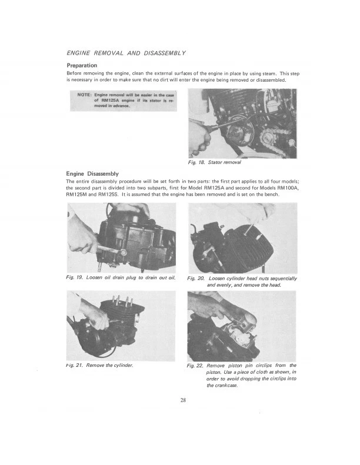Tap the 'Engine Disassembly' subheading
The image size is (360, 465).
(93, 173)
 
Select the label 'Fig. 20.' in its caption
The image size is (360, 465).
(197, 278)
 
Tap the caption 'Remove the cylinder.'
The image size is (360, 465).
(109, 365)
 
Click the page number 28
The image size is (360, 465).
(183, 400)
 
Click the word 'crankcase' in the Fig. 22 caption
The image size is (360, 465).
(220, 386)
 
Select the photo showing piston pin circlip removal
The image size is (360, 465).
(242, 326)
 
